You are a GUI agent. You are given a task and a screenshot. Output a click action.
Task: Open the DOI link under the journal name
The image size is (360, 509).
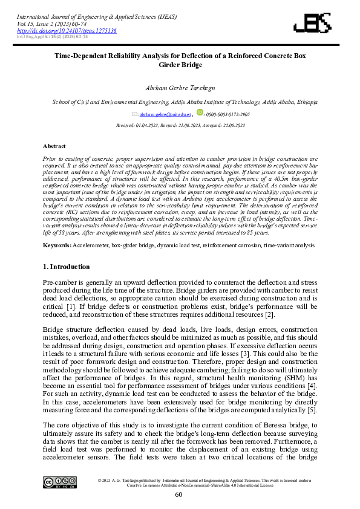(67, 30)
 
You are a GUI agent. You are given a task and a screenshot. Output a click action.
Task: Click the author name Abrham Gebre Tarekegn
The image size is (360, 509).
(180, 88)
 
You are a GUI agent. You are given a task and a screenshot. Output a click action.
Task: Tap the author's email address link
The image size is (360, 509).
(166, 114)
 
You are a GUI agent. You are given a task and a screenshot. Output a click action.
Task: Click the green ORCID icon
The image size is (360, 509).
(200, 113)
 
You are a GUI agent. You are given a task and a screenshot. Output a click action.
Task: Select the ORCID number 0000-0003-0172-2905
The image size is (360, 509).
(227, 114)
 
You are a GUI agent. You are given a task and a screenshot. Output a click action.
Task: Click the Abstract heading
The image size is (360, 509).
(54, 146)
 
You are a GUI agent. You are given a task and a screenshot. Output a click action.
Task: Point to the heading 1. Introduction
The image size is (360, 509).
(67, 267)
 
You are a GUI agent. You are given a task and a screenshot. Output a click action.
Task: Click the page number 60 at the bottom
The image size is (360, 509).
(179, 494)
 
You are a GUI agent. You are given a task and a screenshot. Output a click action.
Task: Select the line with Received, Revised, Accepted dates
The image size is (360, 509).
(180, 125)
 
